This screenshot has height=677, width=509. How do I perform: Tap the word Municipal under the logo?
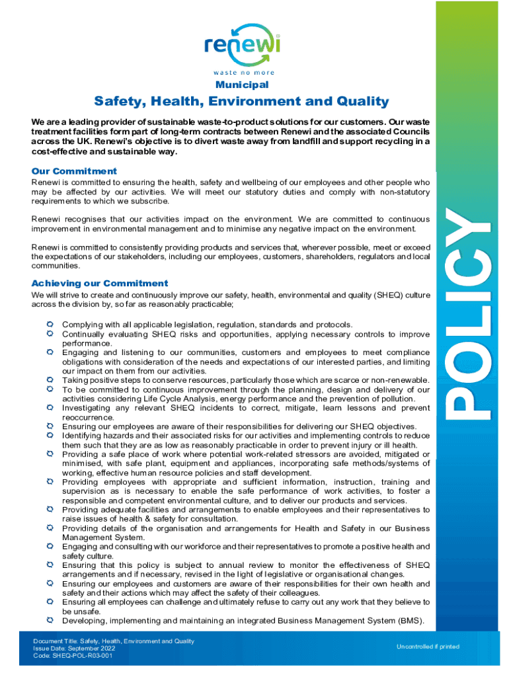coord(241,85)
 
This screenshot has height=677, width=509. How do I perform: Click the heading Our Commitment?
coord(74,171)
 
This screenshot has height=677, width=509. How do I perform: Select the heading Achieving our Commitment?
coord(100,283)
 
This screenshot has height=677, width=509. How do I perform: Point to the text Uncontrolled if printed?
coord(428,647)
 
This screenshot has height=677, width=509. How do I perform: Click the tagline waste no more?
coord(243,72)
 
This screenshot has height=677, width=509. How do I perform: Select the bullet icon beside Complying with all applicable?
coord(50,325)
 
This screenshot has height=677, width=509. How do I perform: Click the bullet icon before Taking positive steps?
coord(50,380)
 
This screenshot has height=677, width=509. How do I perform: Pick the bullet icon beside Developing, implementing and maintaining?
coord(50,621)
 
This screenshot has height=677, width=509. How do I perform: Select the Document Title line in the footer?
coord(114,641)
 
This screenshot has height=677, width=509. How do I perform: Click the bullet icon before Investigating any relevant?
coord(50,408)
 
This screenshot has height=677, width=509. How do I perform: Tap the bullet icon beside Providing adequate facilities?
coord(50,510)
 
